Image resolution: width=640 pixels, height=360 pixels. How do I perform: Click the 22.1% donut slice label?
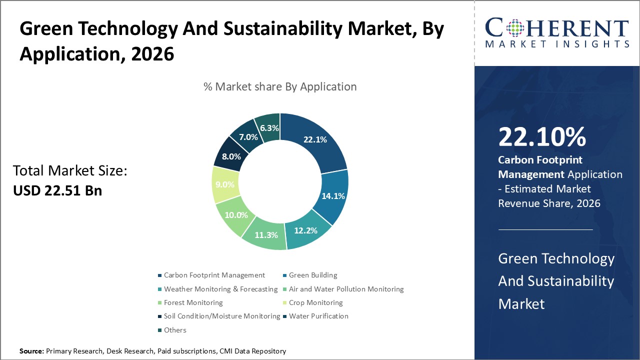(315, 140)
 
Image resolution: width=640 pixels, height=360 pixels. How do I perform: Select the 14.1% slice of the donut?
(333, 196)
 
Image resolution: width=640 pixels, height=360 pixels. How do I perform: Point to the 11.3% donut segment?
(265, 234)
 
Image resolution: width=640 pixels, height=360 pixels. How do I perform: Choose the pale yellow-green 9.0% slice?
(224, 184)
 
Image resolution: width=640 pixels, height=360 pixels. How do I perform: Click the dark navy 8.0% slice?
(231, 156)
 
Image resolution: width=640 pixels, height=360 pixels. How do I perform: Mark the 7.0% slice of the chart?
(248, 136)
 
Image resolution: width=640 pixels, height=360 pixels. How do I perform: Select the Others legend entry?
(174, 330)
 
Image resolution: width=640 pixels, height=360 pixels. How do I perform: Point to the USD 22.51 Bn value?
(57, 190)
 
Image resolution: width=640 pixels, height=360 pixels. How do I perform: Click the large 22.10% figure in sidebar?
(542, 137)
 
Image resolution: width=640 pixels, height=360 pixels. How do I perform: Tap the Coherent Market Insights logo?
(556, 33)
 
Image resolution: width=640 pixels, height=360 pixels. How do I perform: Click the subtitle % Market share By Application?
(280, 86)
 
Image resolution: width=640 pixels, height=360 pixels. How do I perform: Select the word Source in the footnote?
(31, 351)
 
